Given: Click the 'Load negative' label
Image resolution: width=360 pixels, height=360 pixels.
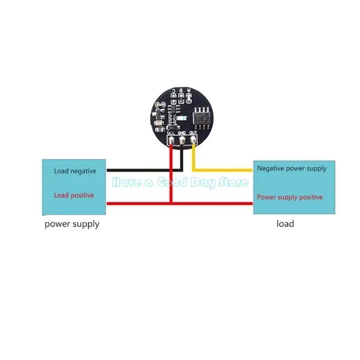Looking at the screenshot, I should pos(75,171).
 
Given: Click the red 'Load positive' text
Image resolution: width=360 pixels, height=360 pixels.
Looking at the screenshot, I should pos(74,195).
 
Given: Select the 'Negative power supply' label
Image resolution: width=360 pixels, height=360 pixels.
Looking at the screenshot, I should pos(291,168).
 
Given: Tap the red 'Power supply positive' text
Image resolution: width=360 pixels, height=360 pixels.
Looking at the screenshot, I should pos(289,197).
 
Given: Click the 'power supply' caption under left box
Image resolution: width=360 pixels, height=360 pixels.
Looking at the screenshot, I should pos(72,224).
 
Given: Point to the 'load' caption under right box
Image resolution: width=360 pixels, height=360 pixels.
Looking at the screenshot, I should pos(285,224).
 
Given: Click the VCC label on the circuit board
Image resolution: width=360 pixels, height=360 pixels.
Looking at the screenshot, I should pos(171,133).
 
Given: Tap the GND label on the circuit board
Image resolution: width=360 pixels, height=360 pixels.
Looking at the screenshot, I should pos(182,133).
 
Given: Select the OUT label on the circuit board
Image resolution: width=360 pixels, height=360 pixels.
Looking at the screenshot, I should pos(193,133).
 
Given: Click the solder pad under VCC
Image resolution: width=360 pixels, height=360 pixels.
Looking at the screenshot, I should pos(171,140).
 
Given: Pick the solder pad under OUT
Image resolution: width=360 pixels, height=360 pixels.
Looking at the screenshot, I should pos(193,140).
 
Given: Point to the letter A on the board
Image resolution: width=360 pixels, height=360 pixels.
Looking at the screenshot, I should pos(189,90).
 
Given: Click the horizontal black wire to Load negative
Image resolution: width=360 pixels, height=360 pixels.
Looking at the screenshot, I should pos(144,171).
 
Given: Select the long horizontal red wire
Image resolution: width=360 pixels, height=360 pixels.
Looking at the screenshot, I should pos(180,203).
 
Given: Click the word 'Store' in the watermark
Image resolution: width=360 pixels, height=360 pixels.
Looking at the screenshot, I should pos(233,182).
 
